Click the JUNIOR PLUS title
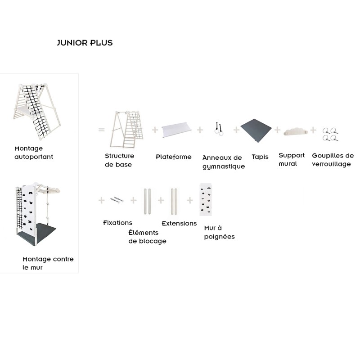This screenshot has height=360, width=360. tap(85, 43)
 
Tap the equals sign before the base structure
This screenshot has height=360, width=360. tap(101, 130)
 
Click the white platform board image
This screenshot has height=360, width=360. tap(176, 130)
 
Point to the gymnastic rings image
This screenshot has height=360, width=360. tap(220, 129)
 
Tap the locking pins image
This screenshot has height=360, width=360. tap(331, 134)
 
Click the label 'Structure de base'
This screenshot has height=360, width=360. tap(119, 160)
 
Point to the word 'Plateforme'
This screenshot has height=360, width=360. tap(174, 157)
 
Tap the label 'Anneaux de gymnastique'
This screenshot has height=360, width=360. tap(223, 162)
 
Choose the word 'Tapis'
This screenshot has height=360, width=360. tap(260, 157)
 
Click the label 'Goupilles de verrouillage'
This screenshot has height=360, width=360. tap(333, 160)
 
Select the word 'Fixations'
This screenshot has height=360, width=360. tap(117, 223)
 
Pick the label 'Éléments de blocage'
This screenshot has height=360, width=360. tap(147, 237)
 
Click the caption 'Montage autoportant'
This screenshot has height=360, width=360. tap(34, 153)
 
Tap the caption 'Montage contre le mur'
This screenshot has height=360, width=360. tap(48, 263)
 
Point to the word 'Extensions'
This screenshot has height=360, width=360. tap(179, 223)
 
